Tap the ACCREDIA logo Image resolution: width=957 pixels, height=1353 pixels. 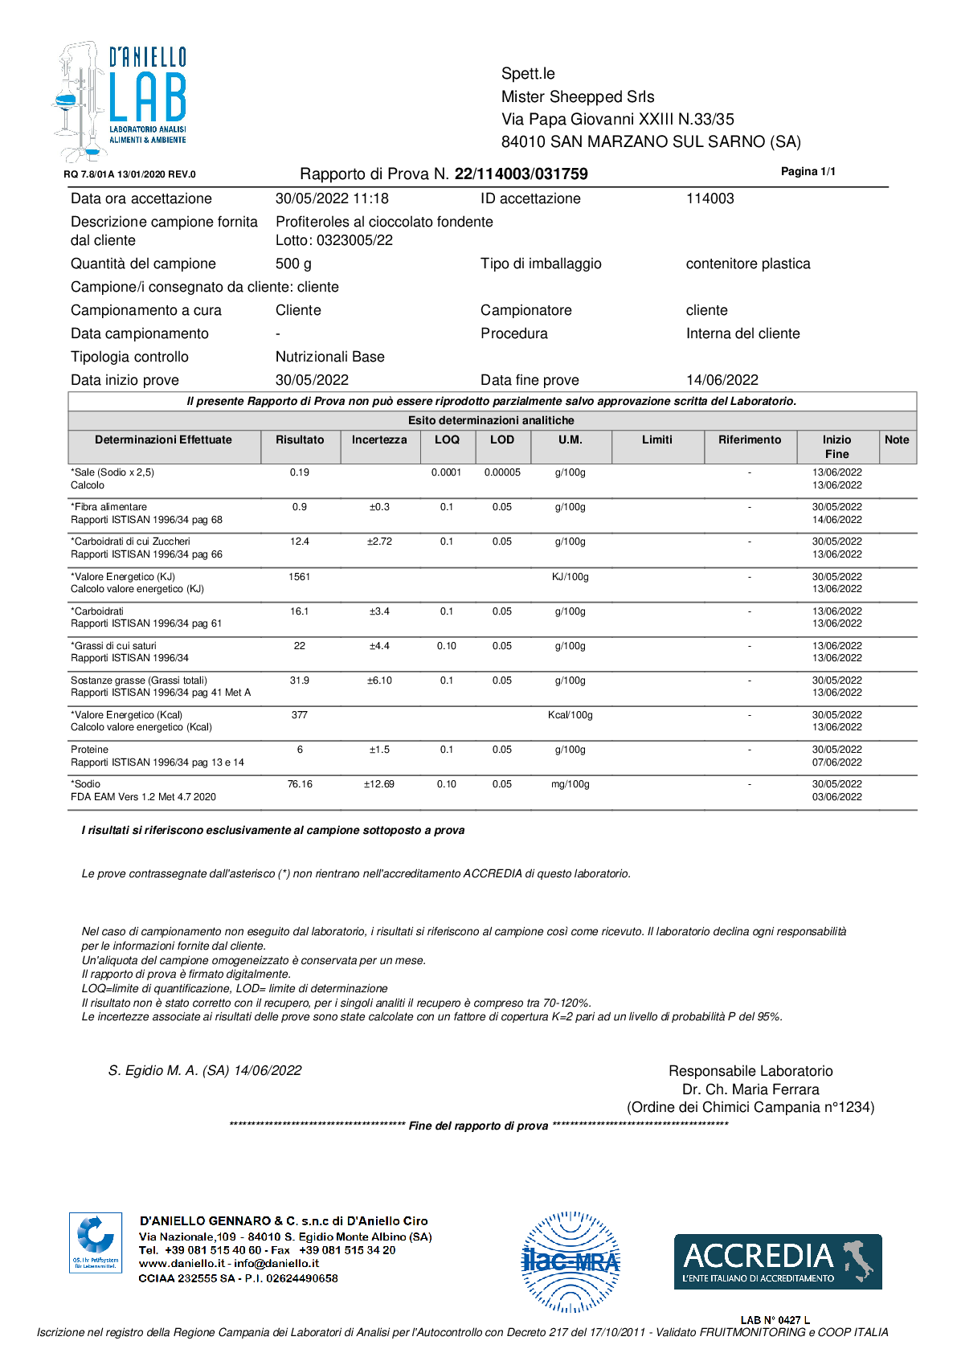(x=777, y=1261)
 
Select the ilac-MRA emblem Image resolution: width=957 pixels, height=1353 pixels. (x=571, y=1261)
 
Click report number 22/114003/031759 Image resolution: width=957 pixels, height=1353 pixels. (x=521, y=174)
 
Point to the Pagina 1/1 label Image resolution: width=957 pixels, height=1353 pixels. (x=808, y=171)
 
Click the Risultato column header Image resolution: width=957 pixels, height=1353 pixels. (x=300, y=440)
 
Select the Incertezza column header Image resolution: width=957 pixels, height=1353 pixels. (x=379, y=440)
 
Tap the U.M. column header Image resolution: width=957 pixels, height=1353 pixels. (x=570, y=440)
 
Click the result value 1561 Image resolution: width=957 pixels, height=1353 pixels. (x=300, y=577)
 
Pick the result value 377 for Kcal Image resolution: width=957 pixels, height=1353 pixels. (x=300, y=715)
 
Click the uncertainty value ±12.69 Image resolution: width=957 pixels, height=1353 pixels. (x=379, y=784)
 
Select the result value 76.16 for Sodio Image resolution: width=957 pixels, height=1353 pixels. (x=300, y=784)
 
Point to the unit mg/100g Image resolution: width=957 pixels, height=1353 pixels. (x=570, y=784)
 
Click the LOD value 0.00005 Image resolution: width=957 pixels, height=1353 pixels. (x=502, y=472)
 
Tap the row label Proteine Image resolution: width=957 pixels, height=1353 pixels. (x=89, y=750)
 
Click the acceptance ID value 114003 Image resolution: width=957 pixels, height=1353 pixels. (x=710, y=198)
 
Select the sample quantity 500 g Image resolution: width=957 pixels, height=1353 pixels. (x=293, y=264)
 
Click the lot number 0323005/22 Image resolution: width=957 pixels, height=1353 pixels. (x=354, y=240)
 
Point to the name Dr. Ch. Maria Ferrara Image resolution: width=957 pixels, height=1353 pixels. (x=750, y=1089)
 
